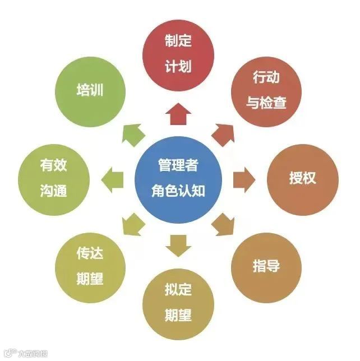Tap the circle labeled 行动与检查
click(266, 90)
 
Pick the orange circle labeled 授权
click(303, 179)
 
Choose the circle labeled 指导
click(266, 265)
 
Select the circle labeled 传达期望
click(90, 265)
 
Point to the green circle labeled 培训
click(90, 90)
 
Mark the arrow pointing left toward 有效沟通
click(114, 179)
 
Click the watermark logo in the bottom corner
click(25, 353)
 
